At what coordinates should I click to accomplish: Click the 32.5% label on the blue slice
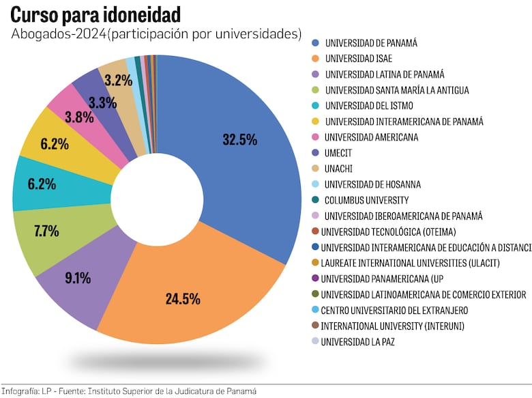[239, 139]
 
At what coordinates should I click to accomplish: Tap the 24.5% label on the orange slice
[183, 298]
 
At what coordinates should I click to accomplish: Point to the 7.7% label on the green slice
[46, 231]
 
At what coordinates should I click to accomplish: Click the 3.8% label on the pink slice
[79, 117]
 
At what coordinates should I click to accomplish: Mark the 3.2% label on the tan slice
[118, 81]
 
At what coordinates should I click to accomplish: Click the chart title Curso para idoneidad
[95, 14]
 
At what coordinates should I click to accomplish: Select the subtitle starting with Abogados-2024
[156, 33]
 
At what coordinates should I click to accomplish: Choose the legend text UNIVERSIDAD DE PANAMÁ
[371, 42]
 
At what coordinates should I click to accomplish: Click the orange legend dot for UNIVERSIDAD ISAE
[315, 58]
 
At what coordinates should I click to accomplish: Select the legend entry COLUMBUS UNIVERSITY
[366, 200]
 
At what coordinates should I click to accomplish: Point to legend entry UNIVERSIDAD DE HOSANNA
[372, 184]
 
